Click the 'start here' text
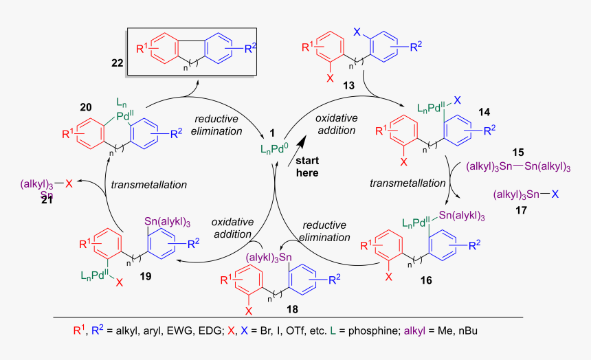coord(306,166)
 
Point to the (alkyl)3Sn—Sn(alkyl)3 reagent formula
coord(518,166)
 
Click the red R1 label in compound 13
coord(310,47)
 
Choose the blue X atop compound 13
coord(356,32)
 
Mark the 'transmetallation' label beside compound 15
coord(399,183)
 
